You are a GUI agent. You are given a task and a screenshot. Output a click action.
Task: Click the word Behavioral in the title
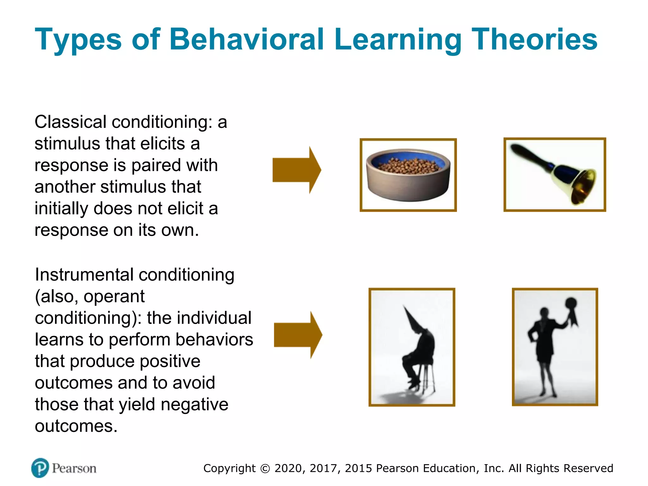click(247, 39)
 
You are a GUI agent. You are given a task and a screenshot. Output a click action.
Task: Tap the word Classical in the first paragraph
click(71, 122)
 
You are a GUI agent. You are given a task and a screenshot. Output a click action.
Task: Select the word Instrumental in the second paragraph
click(84, 275)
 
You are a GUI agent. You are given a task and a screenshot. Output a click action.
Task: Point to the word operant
click(114, 296)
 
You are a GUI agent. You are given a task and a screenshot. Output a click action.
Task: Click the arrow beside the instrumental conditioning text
click(298, 335)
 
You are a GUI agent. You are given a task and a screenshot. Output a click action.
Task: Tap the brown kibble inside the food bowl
click(408, 165)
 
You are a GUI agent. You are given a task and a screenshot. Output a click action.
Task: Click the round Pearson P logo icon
click(40, 468)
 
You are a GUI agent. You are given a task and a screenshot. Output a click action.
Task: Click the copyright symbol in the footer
click(265, 469)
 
